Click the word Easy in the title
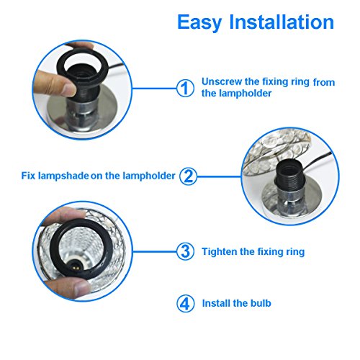point(199,22)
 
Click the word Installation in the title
point(282,22)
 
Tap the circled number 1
point(185,88)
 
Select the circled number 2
point(189,176)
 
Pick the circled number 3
point(185,251)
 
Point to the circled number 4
point(185,303)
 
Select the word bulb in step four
point(261,303)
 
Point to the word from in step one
point(324,82)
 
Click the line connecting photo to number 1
point(154,88)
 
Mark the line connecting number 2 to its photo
point(220,176)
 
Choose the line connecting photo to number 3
point(155,251)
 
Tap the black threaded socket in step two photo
point(289,176)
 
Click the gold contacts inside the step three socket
point(75,264)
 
